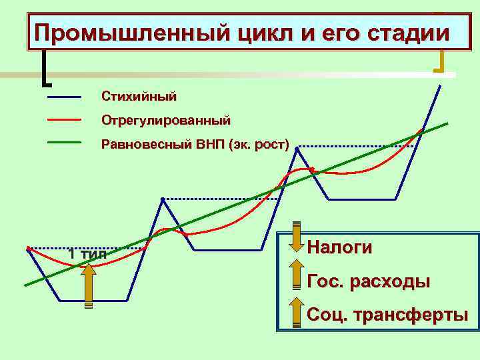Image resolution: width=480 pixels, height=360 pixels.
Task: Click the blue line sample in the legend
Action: click(64, 97)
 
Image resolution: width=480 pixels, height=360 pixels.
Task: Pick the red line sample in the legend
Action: click(64, 121)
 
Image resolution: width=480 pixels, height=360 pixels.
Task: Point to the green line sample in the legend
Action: click(64, 143)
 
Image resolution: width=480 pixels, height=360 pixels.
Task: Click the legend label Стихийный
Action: click(139, 97)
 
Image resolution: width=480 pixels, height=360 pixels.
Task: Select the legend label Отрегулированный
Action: click(165, 121)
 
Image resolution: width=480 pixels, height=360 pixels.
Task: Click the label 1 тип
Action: click(87, 254)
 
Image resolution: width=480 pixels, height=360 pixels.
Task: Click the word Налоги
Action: click(339, 247)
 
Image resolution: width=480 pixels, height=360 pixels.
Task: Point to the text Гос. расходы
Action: click(368, 281)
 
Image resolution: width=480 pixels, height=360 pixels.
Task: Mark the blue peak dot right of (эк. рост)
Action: click(297, 147)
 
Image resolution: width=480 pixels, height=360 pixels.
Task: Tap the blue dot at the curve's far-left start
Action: click(28, 249)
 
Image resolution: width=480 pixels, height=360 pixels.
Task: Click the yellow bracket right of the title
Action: click(440, 60)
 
